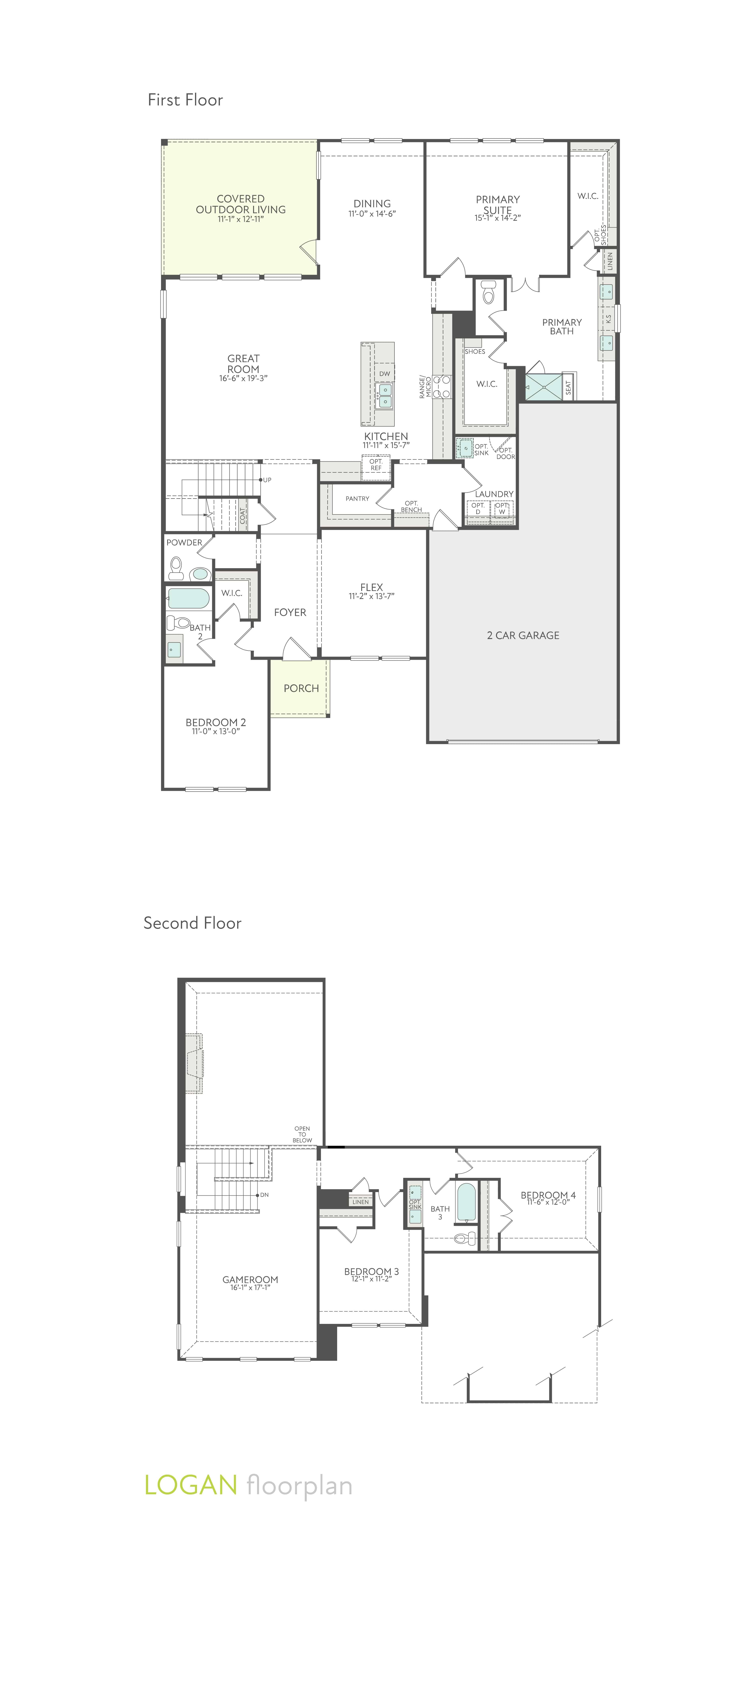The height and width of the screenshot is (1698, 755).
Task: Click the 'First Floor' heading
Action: [x=185, y=100]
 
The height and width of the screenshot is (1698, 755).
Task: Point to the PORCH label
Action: [x=301, y=688]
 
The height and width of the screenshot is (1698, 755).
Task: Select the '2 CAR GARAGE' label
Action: [x=523, y=635]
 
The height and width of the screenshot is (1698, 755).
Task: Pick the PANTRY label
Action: [x=357, y=498]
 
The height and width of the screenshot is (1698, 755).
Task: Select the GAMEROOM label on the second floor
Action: [x=250, y=1279]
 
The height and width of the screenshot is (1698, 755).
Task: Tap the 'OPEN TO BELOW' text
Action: [x=302, y=1134]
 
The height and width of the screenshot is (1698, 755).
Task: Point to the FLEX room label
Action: [x=372, y=587]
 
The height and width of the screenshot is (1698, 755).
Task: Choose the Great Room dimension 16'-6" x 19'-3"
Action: [x=243, y=378]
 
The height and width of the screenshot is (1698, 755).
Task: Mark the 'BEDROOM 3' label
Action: [x=372, y=1271]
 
